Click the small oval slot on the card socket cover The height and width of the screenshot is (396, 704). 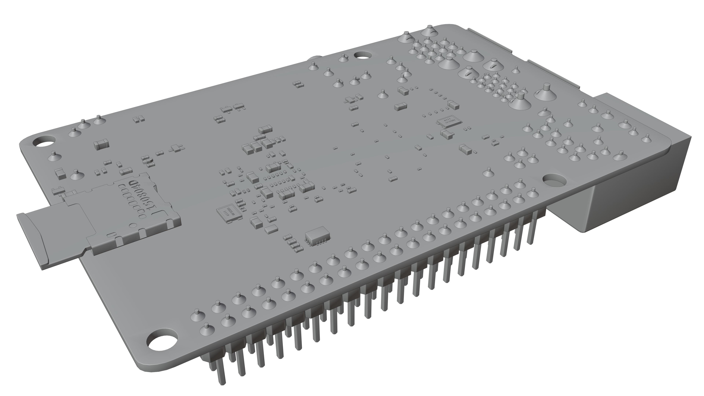[x=110, y=235]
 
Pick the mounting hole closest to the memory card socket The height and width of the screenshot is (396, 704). [x=44, y=141]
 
